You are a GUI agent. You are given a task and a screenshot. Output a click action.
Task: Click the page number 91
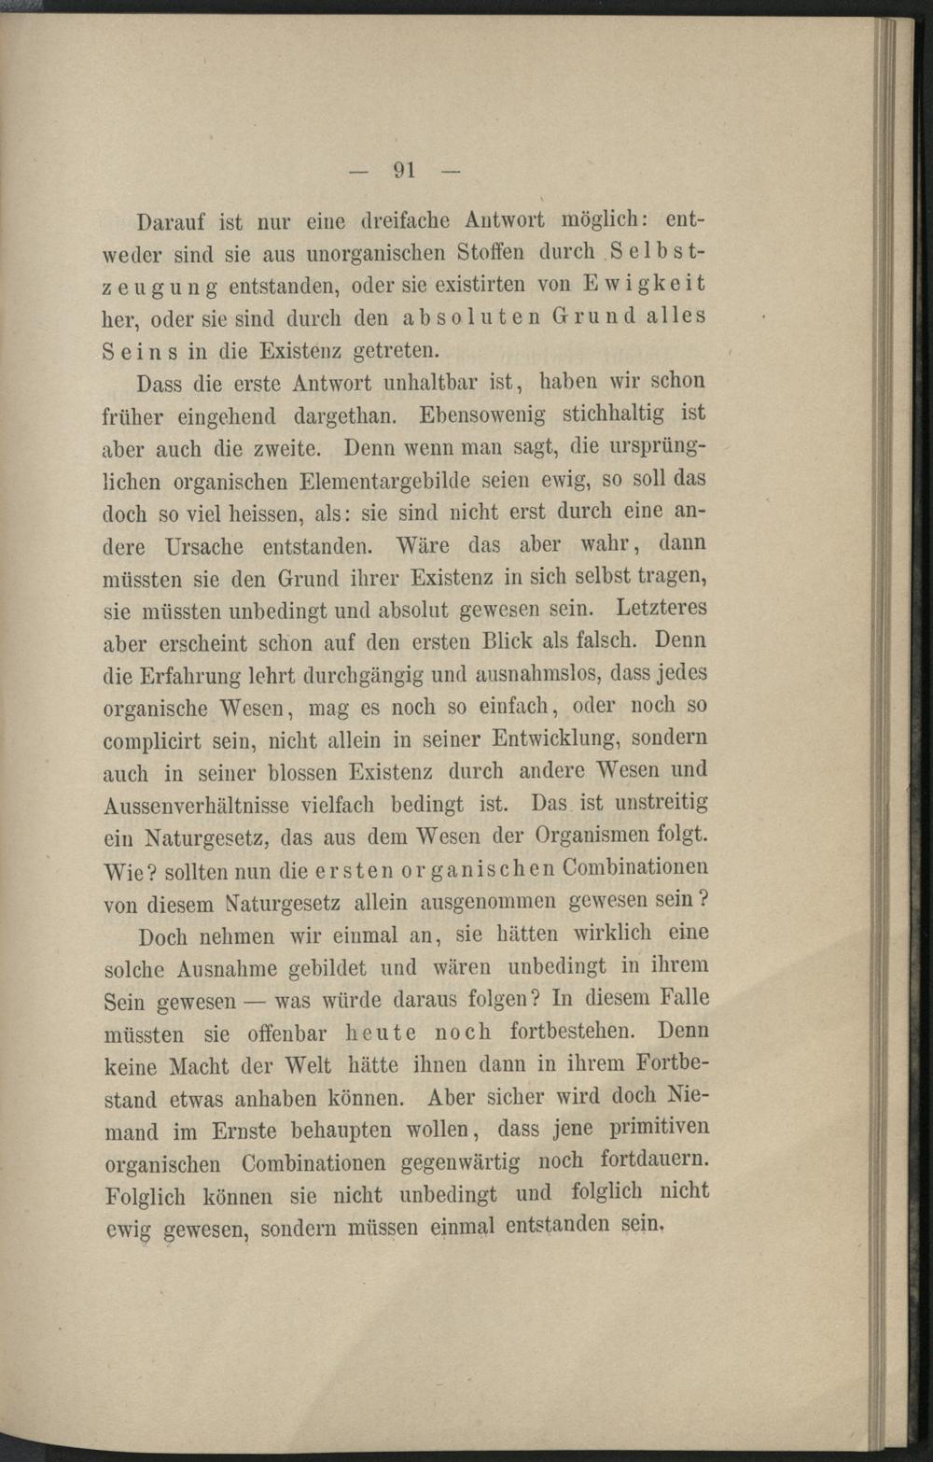point(404,170)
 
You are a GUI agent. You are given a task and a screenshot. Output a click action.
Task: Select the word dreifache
point(407,222)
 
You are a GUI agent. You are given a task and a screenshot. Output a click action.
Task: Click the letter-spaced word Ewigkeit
point(645,283)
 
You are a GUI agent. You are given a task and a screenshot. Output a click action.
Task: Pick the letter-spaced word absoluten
point(471,316)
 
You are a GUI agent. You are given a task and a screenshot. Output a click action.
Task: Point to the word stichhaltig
point(614,413)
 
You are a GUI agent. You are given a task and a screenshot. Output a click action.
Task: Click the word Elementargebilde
point(386,483)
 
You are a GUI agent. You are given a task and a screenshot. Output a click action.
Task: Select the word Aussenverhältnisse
point(197,806)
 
